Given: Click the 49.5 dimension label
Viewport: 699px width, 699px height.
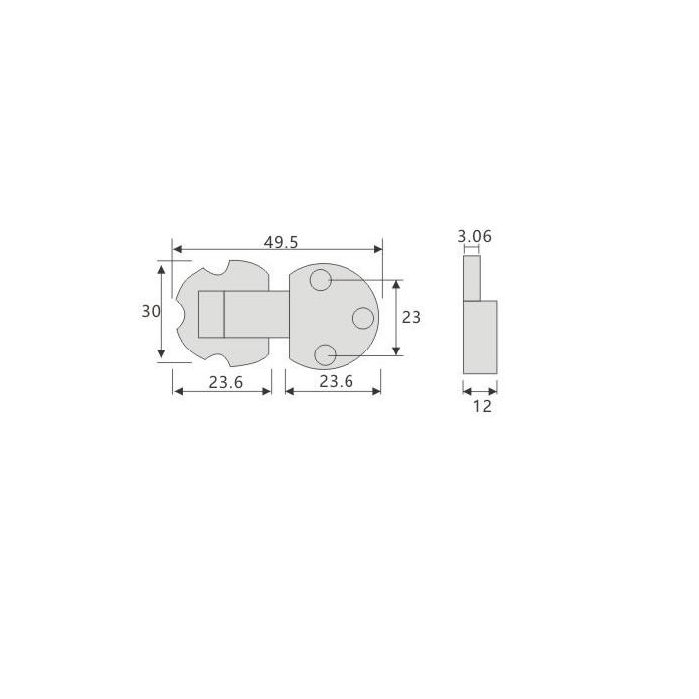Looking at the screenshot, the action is pos(280,242).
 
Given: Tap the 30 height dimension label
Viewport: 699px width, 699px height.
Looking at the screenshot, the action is pos(151,311).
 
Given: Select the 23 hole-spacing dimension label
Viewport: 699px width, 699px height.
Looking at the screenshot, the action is pos(411,317).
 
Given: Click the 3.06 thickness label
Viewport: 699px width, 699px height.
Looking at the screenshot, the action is pos(474,236).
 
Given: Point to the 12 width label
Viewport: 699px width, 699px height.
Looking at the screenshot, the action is pos(482,406).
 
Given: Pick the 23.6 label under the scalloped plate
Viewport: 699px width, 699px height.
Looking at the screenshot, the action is pos(225,382).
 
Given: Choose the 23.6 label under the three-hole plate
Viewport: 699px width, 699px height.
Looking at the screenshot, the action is pos(336,381).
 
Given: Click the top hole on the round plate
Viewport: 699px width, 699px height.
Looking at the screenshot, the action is pos(321,280).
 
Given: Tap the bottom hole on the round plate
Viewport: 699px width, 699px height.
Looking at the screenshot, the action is pos(325,355).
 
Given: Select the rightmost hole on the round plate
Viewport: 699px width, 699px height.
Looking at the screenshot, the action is pos(363,318).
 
